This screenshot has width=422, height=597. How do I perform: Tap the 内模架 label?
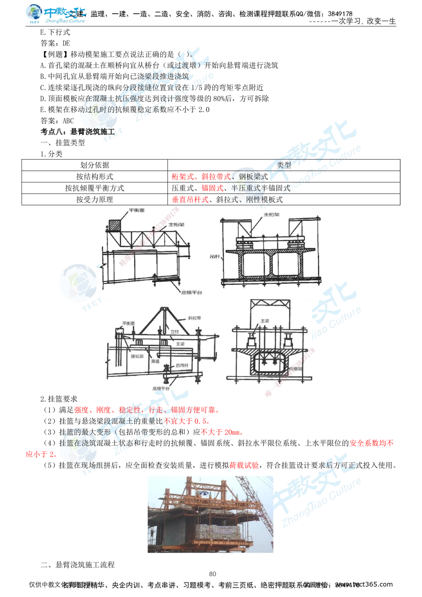click(x=297, y=368)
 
